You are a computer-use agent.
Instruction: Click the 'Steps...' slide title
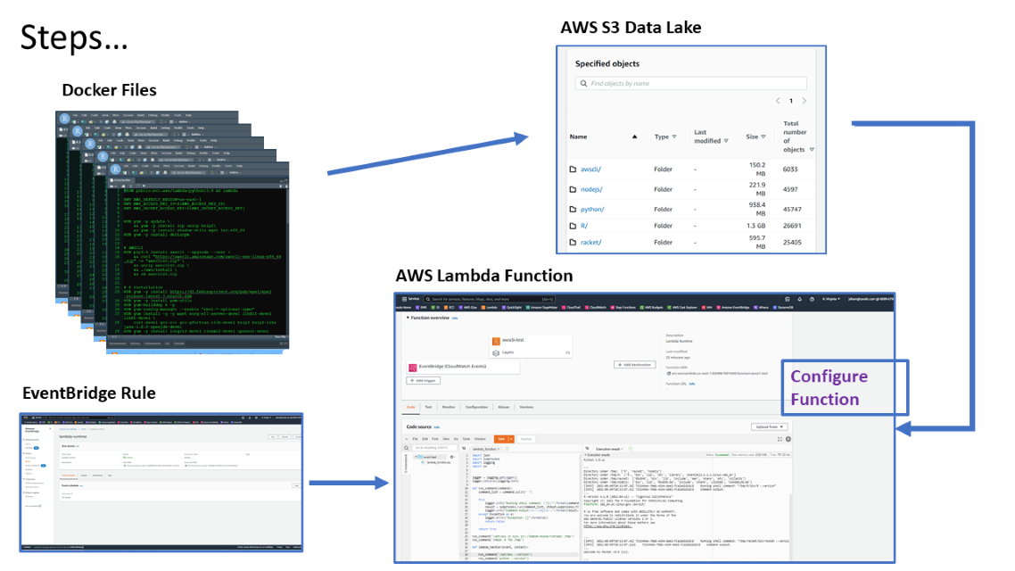point(74,37)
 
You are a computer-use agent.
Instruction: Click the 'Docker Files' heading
point(109,90)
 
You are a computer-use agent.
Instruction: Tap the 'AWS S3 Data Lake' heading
point(631,28)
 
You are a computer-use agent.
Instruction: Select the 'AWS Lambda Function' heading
point(484,276)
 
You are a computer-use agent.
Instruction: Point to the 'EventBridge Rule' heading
point(88,393)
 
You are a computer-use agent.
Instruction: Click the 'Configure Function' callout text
point(829,387)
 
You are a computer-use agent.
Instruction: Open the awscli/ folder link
point(590,169)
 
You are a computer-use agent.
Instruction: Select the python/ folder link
point(592,210)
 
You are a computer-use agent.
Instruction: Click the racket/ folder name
point(590,242)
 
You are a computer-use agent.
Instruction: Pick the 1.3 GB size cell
point(754,226)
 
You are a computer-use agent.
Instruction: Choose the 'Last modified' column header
point(706,136)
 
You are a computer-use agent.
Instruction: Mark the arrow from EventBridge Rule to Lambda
point(348,484)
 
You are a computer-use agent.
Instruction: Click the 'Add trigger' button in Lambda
point(425,380)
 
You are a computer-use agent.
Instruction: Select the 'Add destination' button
point(634,365)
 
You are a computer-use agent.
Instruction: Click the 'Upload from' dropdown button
point(769,427)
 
